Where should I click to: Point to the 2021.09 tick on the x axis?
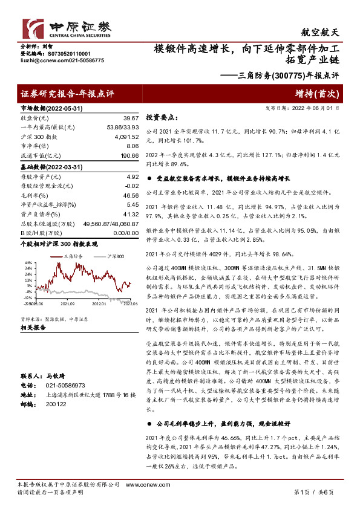click(67, 304)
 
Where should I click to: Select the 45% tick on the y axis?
click(28, 265)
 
